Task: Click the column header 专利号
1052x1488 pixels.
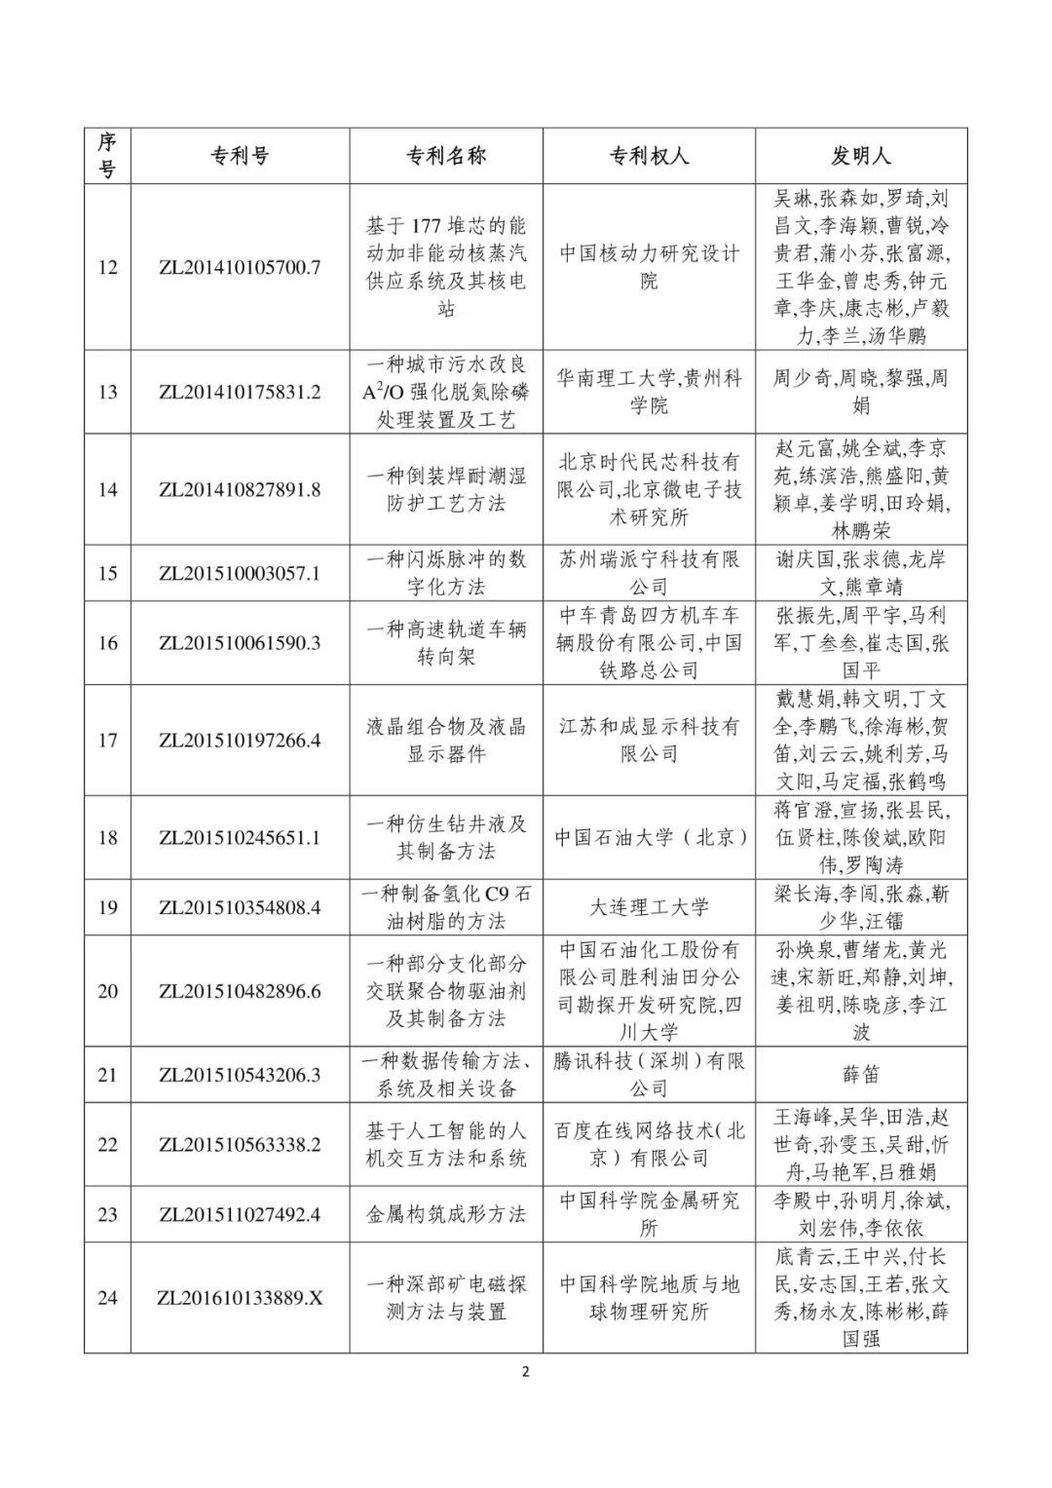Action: [x=240, y=156]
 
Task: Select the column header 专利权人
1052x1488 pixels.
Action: [x=649, y=156]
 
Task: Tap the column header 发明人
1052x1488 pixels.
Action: [x=861, y=156]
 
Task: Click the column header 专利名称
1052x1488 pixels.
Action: [x=446, y=156]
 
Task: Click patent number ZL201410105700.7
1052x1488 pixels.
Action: [x=240, y=267]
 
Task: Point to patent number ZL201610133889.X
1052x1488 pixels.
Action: [x=240, y=1298]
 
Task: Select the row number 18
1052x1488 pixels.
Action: [x=107, y=838]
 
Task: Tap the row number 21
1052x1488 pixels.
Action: [x=107, y=1075]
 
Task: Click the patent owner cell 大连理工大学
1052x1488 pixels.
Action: [x=649, y=907]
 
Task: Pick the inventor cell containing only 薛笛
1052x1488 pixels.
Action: [x=861, y=1075]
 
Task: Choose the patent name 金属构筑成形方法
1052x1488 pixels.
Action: [x=446, y=1214]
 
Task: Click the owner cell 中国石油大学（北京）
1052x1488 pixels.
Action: [x=649, y=838]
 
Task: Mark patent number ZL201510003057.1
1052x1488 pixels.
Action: [x=240, y=573]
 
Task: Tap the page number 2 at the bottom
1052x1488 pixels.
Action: [x=526, y=1373]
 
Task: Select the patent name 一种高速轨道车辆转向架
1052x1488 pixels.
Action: [x=446, y=643]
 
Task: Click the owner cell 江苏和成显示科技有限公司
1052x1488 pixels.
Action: [x=649, y=741]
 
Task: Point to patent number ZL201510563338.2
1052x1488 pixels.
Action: [x=240, y=1145]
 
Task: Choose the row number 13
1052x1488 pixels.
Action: [x=107, y=392]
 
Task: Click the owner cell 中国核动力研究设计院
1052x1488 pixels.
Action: [x=649, y=267]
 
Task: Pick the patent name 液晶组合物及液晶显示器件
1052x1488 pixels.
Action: [x=446, y=741]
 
